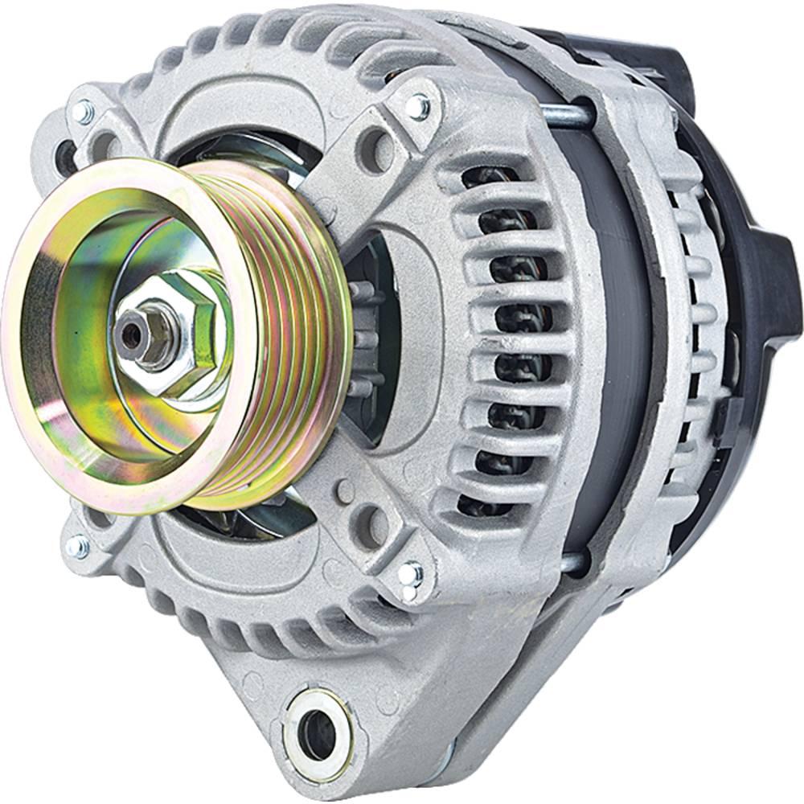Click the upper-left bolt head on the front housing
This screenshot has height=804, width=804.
pyautogui.click(x=84, y=113)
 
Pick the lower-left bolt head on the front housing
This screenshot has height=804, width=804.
pyautogui.click(x=77, y=547)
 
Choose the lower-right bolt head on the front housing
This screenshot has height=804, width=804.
pyautogui.click(x=410, y=572)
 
